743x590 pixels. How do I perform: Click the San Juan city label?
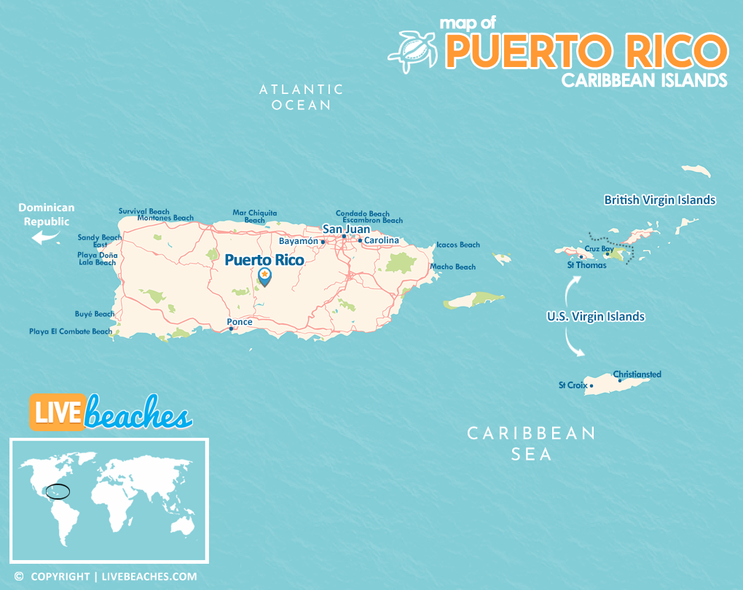pos(347,229)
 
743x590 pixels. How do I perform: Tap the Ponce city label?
pos(240,322)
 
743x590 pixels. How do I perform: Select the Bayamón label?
pos(299,241)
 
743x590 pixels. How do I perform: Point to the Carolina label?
pos(382,240)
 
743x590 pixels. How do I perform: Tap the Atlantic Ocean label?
pos(302,97)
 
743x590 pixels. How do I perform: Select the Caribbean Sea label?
pos(531,444)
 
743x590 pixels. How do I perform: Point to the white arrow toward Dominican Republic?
pos(47,237)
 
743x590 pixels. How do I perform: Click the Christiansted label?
pos(637,374)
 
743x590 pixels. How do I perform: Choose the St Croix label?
pos(573,385)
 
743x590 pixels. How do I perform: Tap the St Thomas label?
pos(586,265)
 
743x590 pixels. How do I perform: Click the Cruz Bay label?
pos(599,249)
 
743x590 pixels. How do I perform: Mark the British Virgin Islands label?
pos(660,200)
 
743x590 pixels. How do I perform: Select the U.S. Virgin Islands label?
pos(596,317)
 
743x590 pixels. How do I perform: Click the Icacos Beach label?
pos(458,245)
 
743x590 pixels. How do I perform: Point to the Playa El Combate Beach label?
pos(71,331)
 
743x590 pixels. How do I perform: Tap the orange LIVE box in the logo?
pos(56,412)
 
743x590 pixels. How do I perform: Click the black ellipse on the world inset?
pos(58,492)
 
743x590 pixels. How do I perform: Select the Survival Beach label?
pos(144,211)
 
